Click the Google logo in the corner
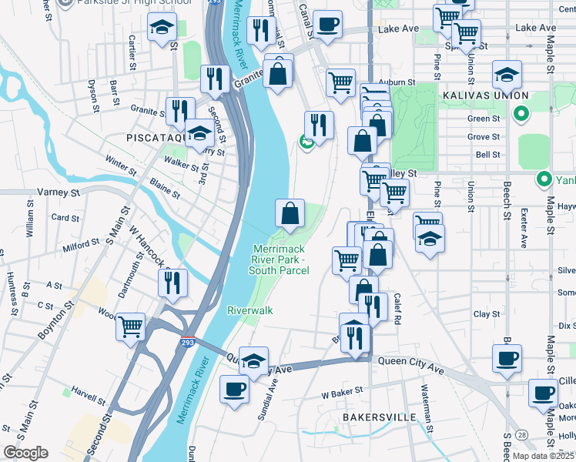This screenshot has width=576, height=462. [x=25, y=453]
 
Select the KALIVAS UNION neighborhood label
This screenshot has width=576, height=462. [x=485, y=95]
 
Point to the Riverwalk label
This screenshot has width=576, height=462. [x=250, y=310]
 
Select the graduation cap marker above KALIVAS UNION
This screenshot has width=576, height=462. [x=507, y=75]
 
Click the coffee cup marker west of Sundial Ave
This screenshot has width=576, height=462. [x=234, y=389]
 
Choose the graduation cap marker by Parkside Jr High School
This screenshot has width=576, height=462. [x=162, y=28]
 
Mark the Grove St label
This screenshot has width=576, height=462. [x=484, y=137]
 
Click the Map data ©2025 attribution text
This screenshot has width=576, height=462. [x=544, y=456]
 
